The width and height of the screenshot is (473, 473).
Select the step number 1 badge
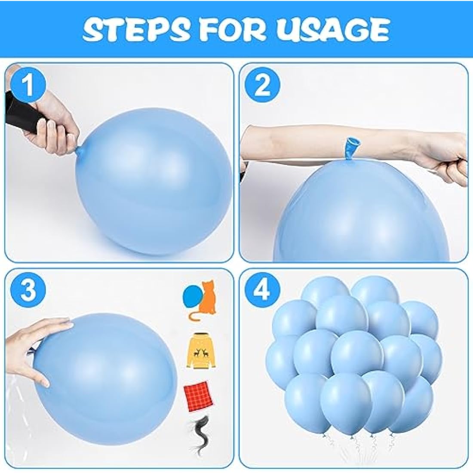(28, 86)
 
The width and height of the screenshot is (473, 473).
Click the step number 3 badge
(28, 291)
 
